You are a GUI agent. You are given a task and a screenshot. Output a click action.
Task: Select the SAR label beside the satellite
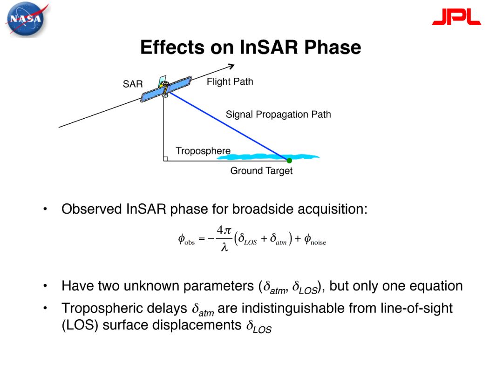[132, 84]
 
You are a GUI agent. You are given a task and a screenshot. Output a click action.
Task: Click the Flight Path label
[230, 81]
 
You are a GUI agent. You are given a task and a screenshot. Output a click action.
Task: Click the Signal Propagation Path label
[278, 114]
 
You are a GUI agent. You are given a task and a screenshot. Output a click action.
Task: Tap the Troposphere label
[203, 151]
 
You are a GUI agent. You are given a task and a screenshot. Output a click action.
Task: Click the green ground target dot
[289, 160]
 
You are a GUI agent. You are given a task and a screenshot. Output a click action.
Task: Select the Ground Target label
[261, 171]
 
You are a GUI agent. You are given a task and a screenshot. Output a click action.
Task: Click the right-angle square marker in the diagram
[165, 159]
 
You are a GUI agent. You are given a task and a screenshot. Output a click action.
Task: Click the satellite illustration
[166, 88]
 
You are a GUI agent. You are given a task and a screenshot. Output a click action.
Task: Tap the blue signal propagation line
[229, 126]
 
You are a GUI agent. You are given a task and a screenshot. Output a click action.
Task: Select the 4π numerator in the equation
[224, 230]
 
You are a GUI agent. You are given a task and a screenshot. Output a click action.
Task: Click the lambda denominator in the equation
[224, 247]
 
